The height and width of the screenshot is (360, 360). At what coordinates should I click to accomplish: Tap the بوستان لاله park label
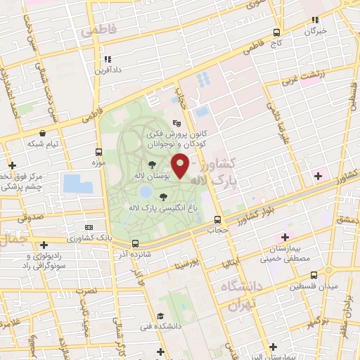point(153,174)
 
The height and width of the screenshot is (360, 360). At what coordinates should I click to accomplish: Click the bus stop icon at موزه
point(98,152)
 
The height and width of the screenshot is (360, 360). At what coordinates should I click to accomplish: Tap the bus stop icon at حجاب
point(217,219)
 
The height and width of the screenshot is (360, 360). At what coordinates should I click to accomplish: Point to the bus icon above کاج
point(276,32)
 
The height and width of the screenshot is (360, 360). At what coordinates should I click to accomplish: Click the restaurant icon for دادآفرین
point(108,60)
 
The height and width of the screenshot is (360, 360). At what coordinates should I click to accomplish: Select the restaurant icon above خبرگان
point(316,20)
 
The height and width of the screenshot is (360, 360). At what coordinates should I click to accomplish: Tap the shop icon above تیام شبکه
point(43,132)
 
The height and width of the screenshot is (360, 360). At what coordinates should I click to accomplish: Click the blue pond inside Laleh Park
point(145,191)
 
